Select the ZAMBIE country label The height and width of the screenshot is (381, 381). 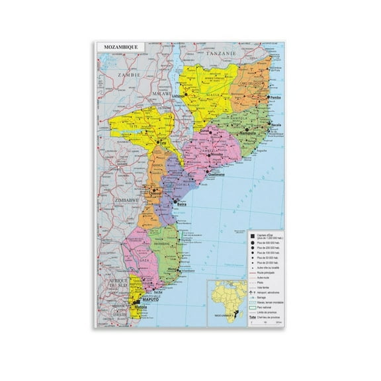point(124,76)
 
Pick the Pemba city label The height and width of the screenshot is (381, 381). point(276,99)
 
